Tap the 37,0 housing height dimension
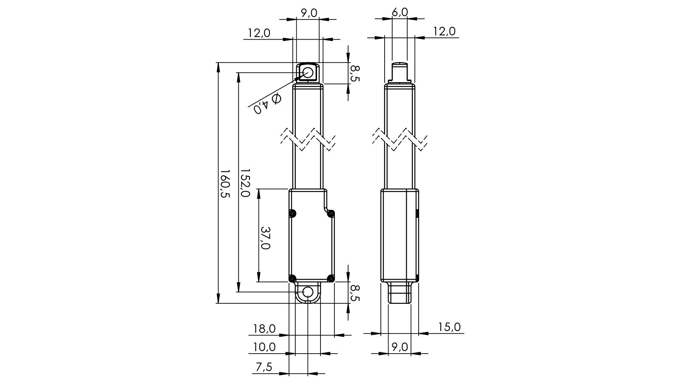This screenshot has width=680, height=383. click(265, 238)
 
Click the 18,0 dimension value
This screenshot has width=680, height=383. click(264, 329)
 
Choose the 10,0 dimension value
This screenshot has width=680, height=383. click(264, 347)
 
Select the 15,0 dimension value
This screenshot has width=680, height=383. click(449, 327)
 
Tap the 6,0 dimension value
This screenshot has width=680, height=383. click(399, 12)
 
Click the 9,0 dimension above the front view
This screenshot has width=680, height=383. click(309, 13)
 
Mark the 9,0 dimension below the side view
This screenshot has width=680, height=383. click(399, 347)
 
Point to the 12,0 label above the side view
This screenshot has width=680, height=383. click(445, 31)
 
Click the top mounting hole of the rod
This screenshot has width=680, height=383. click(308, 73)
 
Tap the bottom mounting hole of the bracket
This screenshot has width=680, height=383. click(308, 292)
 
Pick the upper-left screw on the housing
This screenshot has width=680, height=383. click(292, 214)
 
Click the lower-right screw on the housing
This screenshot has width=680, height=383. click(331, 279)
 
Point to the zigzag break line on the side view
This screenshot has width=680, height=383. click(399, 138)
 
